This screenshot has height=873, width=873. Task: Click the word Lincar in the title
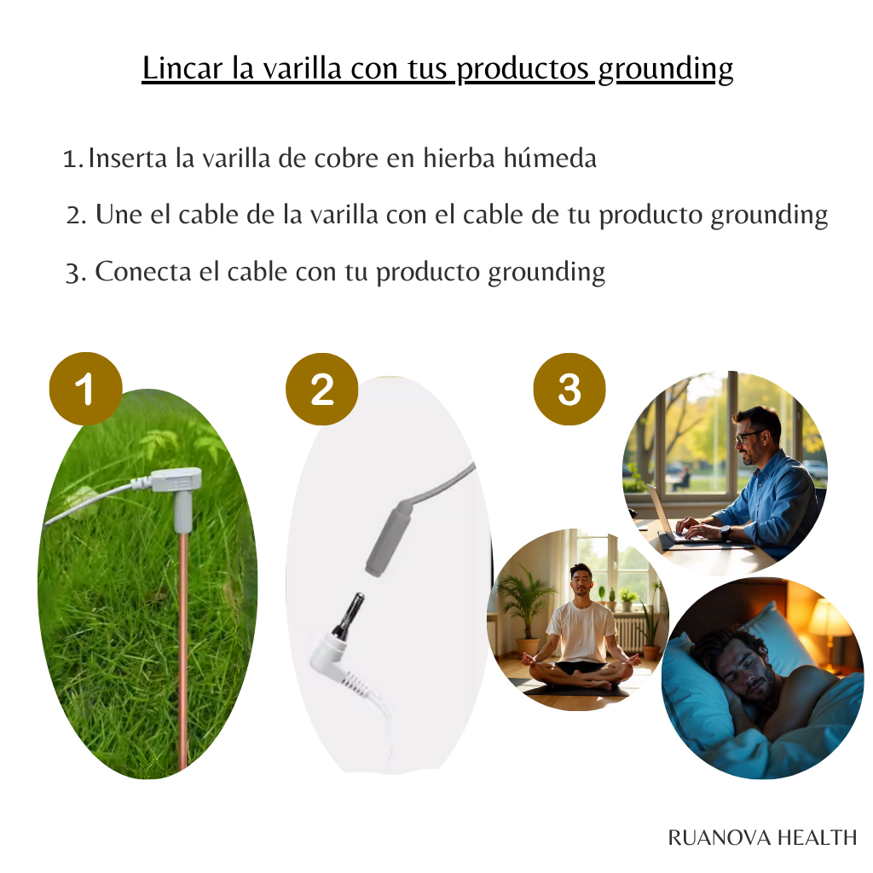pos(182,68)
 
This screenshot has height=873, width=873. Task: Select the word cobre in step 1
pos(346,158)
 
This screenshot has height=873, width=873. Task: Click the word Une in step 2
pos(119,214)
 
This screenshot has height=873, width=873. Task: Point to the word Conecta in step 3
pos(143,272)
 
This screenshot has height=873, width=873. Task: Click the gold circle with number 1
pos(86,389)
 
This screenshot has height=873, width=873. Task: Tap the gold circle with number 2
pos(321,389)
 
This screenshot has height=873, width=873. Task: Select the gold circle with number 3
pos(569,389)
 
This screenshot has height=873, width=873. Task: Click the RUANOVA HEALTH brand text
pos(762,837)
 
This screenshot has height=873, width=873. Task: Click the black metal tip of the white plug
pos(348,616)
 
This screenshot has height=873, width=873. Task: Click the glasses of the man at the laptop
pos(749,436)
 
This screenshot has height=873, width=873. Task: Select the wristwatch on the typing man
pos(725,533)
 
